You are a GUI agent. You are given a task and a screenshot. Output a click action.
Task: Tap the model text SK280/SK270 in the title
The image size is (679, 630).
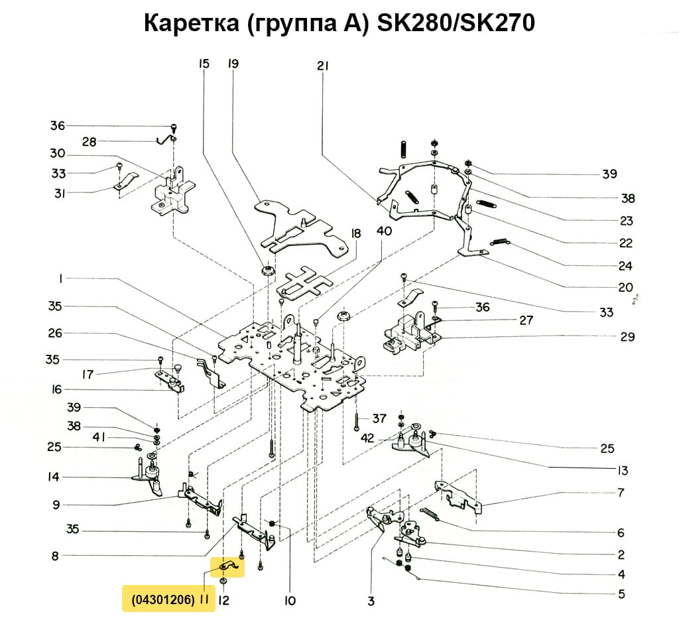pos(456,24)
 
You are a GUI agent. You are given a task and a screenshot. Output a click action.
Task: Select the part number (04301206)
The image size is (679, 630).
pos(162,599)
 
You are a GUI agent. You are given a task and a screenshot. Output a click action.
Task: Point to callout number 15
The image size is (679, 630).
pos(204,64)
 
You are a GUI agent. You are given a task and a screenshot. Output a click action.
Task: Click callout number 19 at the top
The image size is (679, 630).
pos(233,64)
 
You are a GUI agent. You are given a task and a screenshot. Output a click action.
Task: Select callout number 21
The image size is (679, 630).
pos(323,66)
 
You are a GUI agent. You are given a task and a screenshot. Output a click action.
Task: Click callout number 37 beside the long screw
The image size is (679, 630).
pos(379,418)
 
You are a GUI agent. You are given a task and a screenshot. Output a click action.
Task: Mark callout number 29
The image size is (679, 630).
pos(627,337)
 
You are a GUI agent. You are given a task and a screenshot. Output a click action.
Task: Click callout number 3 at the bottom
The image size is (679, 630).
pos(371,601)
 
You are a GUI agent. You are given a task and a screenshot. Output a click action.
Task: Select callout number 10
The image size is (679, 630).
pos(290,601)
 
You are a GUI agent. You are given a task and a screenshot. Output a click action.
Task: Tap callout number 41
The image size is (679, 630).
pos(99,438)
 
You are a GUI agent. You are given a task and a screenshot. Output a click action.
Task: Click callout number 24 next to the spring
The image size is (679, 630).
pos(625,267)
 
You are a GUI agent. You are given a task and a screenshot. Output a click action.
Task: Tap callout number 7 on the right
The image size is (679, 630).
pos(621,493)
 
